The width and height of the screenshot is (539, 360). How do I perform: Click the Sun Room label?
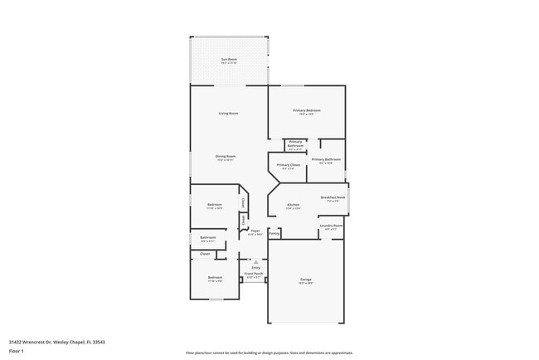click(x=228, y=58)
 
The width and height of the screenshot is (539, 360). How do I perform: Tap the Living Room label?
click(x=228, y=113)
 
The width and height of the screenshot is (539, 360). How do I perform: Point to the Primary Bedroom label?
click(x=306, y=110)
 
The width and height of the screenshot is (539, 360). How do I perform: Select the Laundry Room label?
click(x=331, y=226)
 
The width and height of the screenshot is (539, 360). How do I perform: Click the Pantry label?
click(x=274, y=233)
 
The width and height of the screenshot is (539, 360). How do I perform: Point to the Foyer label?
click(x=255, y=231)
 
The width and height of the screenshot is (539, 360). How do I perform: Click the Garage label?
click(x=306, y=280)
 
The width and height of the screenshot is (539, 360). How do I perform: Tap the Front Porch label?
click(x=254, y=274)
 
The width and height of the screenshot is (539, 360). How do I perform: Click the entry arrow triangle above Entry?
click(x=255, y=260)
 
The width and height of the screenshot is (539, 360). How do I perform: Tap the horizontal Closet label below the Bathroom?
click(x=205, y=253)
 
